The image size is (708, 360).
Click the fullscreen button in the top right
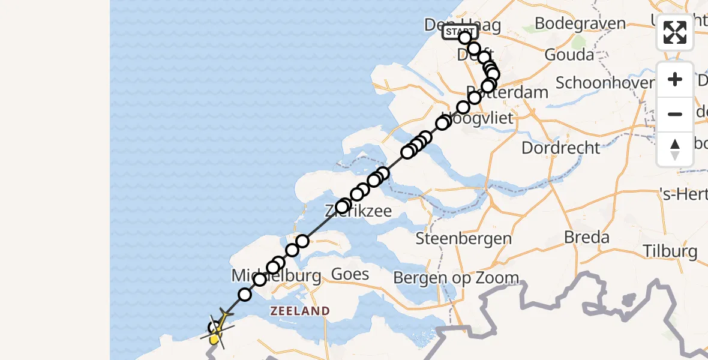tap(675, 32)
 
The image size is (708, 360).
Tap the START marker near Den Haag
tap(460, 32)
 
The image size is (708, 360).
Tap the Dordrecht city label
tap(560, 147)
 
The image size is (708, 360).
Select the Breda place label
tap(586, 237)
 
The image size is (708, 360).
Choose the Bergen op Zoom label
tap(456, 278)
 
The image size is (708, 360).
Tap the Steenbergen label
tap(464, 238)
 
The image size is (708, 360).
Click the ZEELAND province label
tap(300, 311)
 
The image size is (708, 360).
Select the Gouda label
tap(569, 55)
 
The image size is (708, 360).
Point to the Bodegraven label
tap(580, 23)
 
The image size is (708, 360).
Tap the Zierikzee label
tap(359, 211)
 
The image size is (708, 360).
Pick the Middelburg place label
tap(277, 275)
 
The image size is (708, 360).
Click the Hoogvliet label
tap(478, 118)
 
